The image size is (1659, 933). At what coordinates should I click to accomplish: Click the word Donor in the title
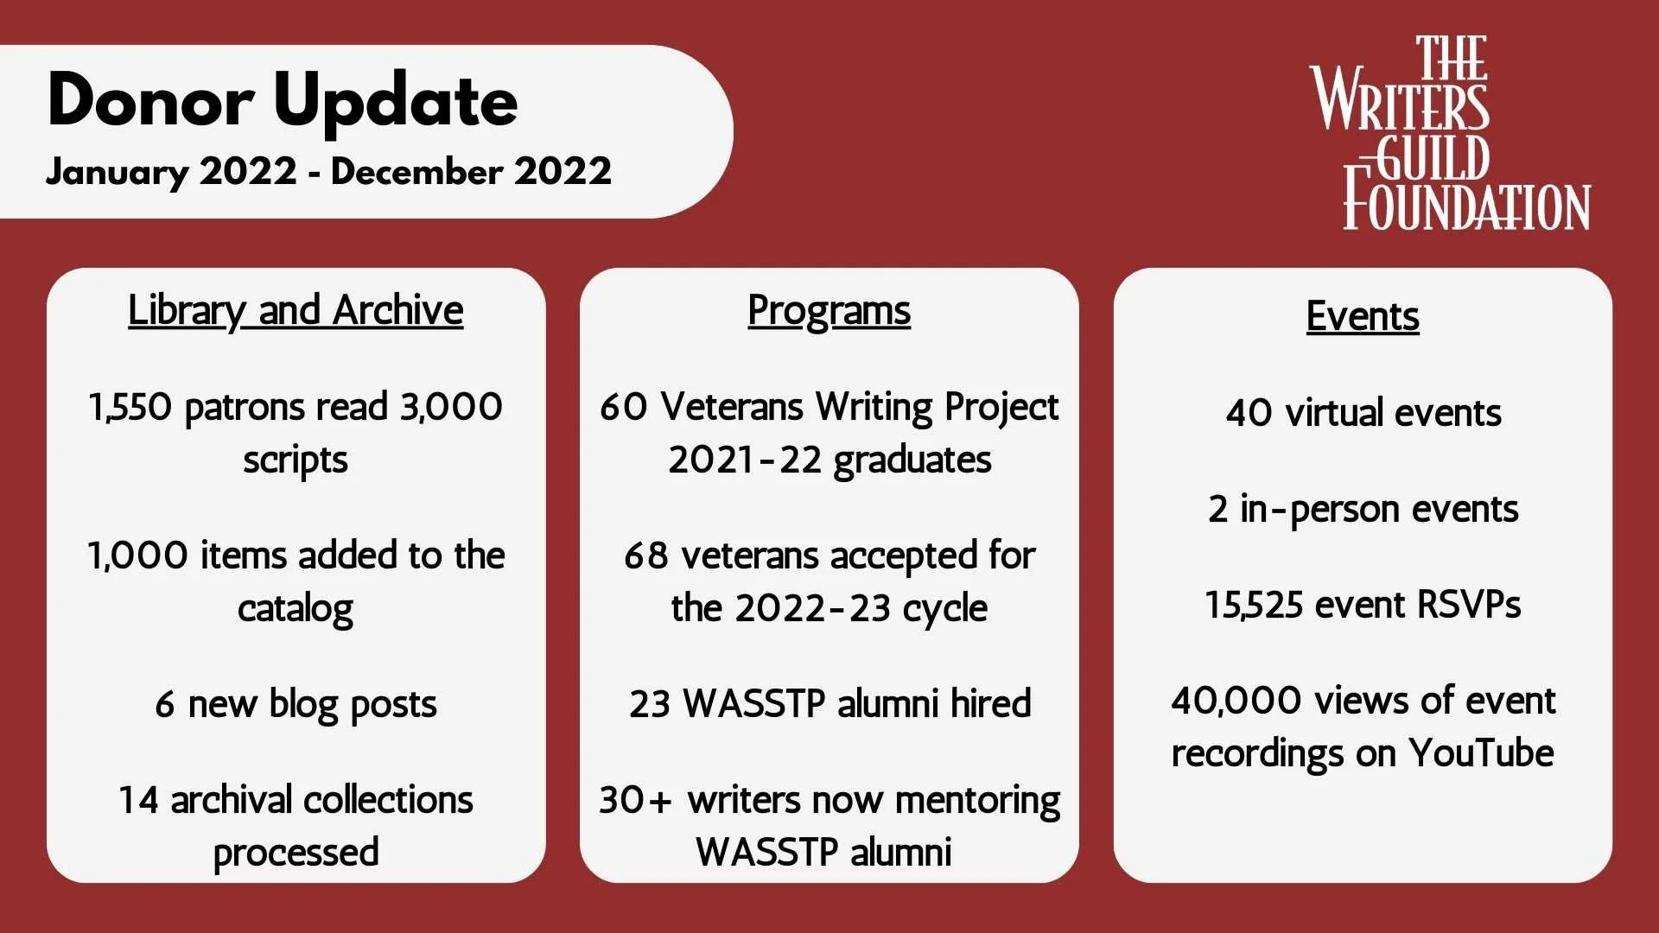[150, 101]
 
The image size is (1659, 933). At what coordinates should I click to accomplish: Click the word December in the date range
[416, 171]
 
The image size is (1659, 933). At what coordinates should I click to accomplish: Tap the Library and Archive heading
[296, 310]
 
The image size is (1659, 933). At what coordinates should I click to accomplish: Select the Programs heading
[829, 310]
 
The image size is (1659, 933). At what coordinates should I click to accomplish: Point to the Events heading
[1362, 316]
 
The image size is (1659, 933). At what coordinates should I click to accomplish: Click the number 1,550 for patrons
[130, 407]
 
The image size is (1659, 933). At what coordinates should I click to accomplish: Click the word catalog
[296, 608]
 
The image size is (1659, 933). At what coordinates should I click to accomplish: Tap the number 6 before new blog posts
[164, 705]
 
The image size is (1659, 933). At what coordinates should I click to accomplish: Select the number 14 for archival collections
[138, 800]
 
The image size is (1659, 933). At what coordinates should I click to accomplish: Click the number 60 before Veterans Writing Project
[623, 407]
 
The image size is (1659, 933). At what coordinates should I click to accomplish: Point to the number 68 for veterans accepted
[646, 555]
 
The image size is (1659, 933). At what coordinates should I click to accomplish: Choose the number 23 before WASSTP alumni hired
[650, 704]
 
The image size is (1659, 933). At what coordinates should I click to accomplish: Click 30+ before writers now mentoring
[635, 800]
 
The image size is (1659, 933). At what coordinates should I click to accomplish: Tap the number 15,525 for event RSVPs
[1254, 605]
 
